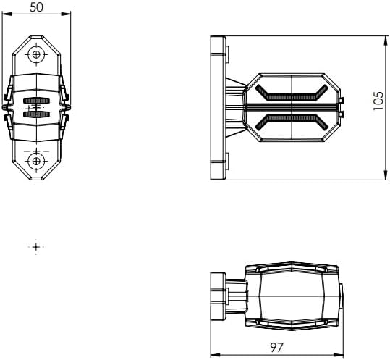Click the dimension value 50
(36, 7)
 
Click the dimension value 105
(378, 101)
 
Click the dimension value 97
(276, 347)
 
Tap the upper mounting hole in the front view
(36, 54)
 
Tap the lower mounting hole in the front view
(36, 161)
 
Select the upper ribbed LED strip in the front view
(36, 101)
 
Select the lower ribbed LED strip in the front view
(36, 114)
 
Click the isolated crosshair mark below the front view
(36, 247)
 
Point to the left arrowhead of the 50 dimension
(6, 14)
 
